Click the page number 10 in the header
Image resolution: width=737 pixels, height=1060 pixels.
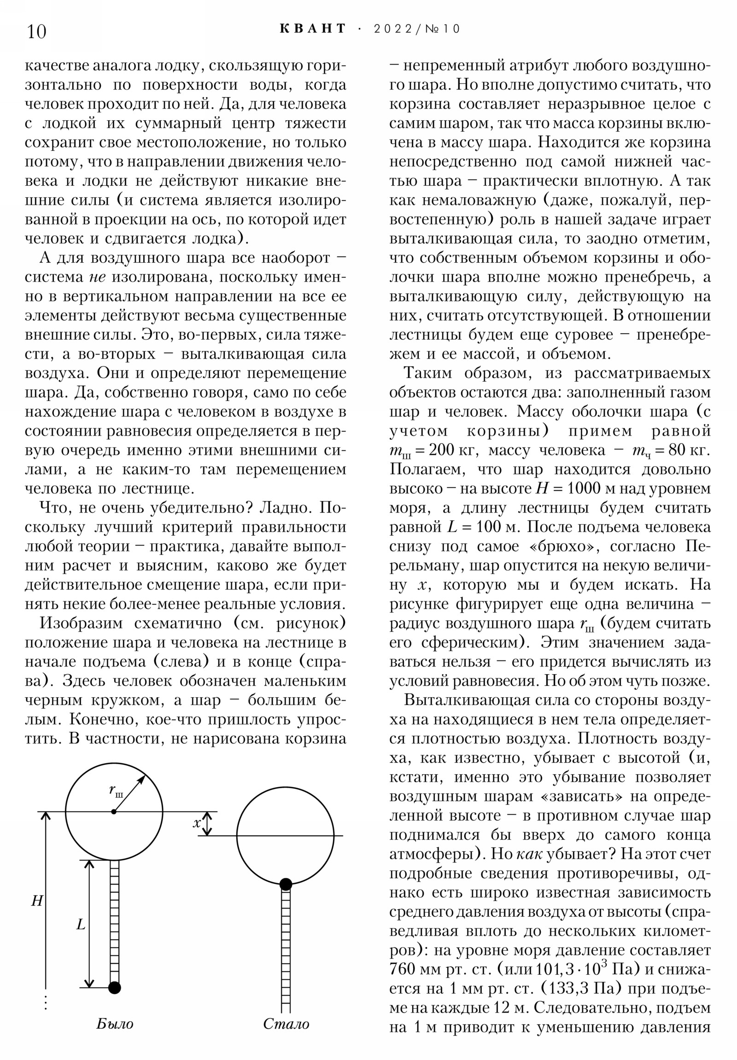(x=37, y=31)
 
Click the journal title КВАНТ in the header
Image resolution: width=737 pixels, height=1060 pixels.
(x=312, y=29)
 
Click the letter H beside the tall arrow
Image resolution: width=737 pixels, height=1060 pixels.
(x=37, y=900)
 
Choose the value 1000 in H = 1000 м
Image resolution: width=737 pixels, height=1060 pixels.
(x=587, y=489)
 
